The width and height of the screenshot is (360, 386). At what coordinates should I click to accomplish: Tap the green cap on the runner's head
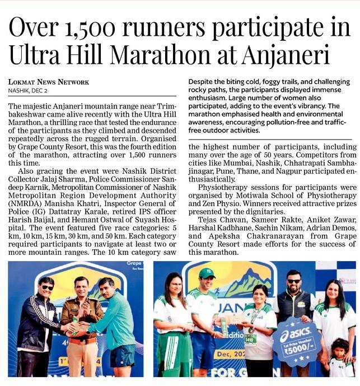pyautogui.click(x=207, y=273)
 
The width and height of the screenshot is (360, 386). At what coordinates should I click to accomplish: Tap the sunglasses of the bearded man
pyautogui.click(x=293, y=281)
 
